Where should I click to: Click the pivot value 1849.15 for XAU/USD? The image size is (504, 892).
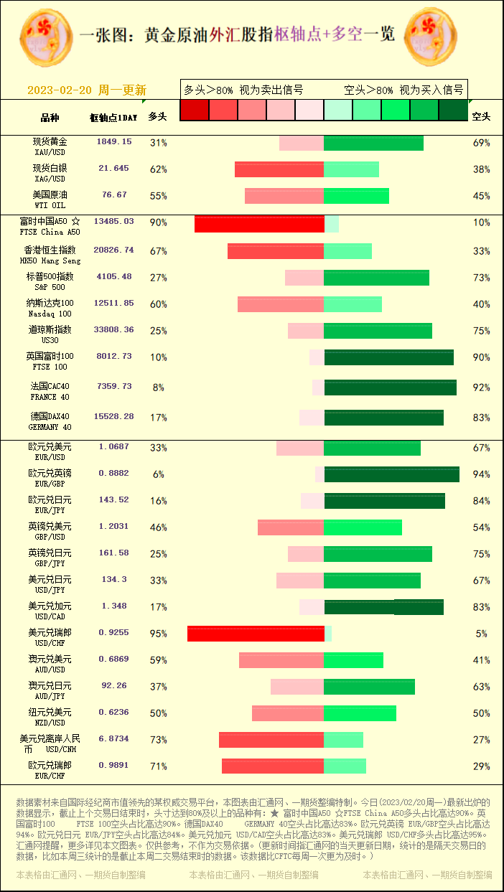[x=114, y=142]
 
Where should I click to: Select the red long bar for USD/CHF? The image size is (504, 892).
[x=256, y=634]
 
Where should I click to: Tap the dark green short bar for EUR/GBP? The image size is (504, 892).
[x=391, y=474]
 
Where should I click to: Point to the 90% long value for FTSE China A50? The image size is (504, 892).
[x=158, y=222]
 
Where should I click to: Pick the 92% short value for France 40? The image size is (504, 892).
[x=481, y=388]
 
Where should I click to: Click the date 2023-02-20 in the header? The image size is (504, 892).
[x=60, y=90]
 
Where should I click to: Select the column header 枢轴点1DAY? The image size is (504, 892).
[x=113, y=117]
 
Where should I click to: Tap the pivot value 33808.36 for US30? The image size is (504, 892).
[x=113, y=330]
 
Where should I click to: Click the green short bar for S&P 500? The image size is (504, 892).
[x=376, y=278]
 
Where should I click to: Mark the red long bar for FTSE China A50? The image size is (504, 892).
[x=259, y=224]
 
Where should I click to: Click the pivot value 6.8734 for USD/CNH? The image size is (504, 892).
[x=113, y=738]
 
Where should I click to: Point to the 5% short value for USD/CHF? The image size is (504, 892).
[x=481, y=634]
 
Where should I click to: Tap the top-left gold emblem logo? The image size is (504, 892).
[x=46, y=36]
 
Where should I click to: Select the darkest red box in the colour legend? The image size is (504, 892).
[x=194, y=110]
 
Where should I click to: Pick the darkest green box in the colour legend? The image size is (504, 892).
[x=453, y=110]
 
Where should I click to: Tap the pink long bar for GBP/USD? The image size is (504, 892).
[x=291, y=527]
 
